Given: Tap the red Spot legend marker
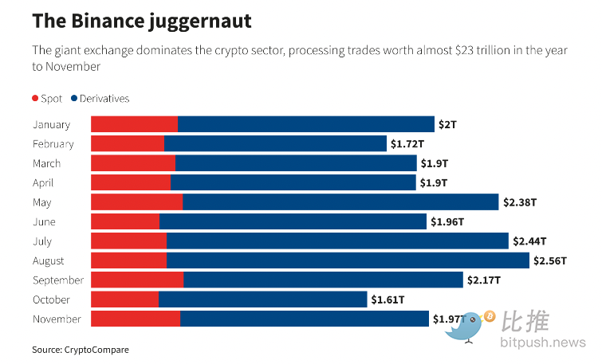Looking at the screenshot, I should click(35, 98).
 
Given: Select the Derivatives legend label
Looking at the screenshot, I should click(104, 98).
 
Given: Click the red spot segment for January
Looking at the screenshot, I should click(134, 124).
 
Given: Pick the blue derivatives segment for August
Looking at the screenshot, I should click(348, 260).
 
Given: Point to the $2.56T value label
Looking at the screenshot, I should click(550, 260).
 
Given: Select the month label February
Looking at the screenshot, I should click(53, 144).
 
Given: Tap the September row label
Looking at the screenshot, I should click(57, 280).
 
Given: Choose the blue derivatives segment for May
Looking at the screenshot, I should click(340, 202).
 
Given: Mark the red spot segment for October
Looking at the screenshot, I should click(125, 299).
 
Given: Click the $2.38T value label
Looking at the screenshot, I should click(520, 202).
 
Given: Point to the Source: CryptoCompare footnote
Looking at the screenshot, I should click(80, 350).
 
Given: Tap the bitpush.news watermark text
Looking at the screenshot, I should click(543, 343).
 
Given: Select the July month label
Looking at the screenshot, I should click(42, 241).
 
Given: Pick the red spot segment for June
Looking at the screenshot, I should click(125, 221).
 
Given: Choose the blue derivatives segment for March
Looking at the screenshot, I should click(296, 163).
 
